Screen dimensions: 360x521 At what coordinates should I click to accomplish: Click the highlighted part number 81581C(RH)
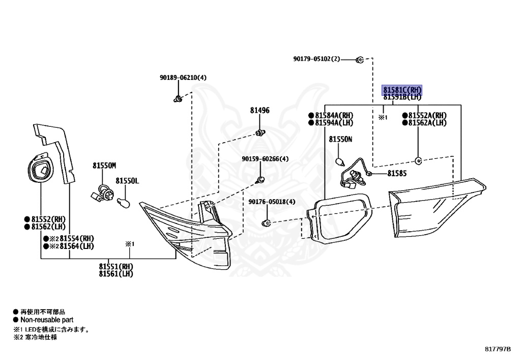point(402,90)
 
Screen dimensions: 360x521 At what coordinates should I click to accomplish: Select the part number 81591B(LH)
point(402,97)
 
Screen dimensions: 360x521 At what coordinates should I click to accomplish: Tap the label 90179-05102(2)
point(316,59)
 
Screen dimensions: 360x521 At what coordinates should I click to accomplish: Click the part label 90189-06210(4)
point(183,78)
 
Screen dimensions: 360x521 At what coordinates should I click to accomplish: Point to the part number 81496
point(259,110)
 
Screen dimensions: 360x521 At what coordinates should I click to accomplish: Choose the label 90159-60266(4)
point(265,159)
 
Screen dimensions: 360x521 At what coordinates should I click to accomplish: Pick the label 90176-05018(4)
point(272,202)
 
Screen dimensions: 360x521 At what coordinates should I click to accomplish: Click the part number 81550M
point(104,165)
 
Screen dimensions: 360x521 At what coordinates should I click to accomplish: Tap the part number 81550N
point(340,139)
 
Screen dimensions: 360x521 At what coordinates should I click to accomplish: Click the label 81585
point(397,174)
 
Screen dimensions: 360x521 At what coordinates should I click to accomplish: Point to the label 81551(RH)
point(116,266)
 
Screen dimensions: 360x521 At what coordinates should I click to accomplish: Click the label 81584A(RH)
point(333,115)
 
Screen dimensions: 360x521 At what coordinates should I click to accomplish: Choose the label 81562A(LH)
point(427,123)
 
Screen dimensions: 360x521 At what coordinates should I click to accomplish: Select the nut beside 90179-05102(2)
point(360,60)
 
